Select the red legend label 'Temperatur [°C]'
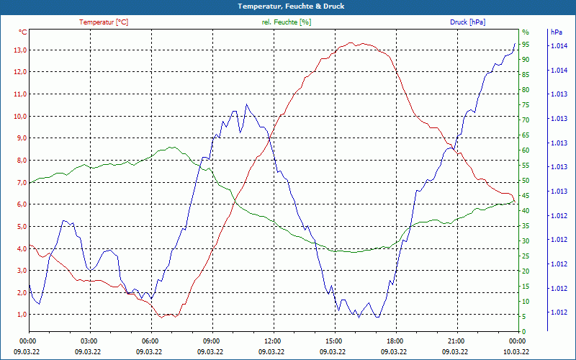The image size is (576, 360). (104, 22)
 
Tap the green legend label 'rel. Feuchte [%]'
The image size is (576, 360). (287, 22)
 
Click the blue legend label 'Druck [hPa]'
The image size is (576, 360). (467, 22)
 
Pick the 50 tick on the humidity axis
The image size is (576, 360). (526, 181)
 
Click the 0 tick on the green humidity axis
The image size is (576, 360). (523, 332)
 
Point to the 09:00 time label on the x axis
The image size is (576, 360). (210, 341)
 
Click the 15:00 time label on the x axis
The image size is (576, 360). (332, 341)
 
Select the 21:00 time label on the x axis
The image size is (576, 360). (454, 341)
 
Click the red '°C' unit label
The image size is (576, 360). (23, 32)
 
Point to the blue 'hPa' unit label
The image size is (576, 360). (556, 32)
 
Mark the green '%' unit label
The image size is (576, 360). (525, 32)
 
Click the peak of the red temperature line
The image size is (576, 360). (351, 42)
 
